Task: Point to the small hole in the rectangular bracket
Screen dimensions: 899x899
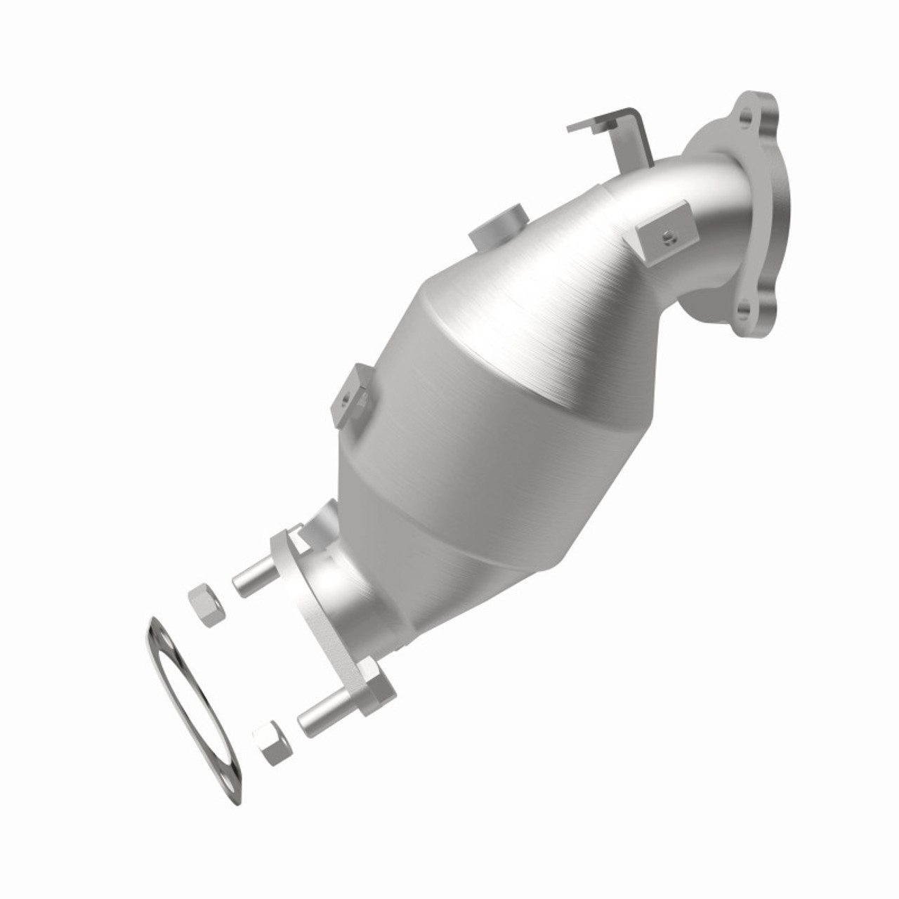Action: point(669,237)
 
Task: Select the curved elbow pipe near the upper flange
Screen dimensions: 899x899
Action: point(709,211)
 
